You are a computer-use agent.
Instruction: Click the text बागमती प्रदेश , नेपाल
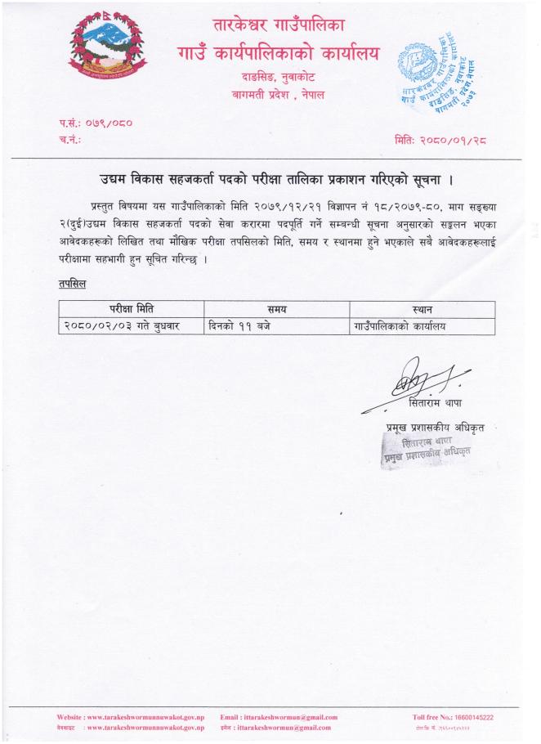[x=278, y=95]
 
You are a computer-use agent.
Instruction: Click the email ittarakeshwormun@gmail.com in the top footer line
[x=279, y=717]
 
